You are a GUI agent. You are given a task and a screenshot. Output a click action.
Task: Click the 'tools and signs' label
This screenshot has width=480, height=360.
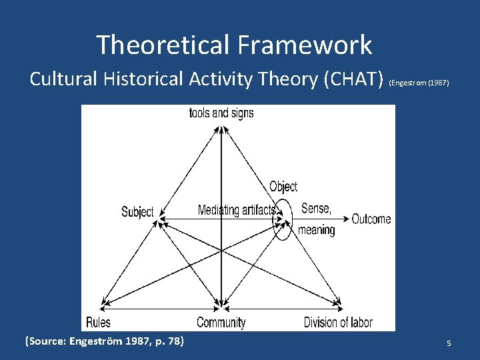click(x=221, y=113)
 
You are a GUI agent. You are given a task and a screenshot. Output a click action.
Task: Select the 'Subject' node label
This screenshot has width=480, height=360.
click(x=137, y=212)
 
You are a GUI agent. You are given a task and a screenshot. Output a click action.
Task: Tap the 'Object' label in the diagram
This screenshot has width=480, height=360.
click(x=283, y=187)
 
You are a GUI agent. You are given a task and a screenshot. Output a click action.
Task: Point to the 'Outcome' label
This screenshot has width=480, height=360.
click(x=371, y=219)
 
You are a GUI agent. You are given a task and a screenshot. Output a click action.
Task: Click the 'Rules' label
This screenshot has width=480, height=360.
click(x=98, y=323)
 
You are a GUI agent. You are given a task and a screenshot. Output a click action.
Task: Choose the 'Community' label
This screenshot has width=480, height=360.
click(x=221, y=323)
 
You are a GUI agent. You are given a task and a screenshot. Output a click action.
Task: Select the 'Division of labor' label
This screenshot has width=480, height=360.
click(x=338, y=323)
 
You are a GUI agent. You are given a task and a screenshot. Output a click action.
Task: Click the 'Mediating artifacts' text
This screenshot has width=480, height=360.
click(x=237, y=210)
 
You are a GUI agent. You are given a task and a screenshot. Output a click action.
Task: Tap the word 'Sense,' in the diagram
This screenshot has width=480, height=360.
click(x=316, y=208)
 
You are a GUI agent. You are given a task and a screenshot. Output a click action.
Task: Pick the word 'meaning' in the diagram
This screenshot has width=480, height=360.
click(x=317, y=230)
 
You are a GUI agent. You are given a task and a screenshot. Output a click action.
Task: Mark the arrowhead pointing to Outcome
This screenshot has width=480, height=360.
click(x=345, y=219)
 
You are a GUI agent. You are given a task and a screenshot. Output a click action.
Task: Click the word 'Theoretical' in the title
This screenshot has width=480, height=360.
click(x=161, y=45)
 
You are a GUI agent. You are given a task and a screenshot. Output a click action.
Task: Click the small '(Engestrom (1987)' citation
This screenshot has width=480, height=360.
click(x=419, y=83)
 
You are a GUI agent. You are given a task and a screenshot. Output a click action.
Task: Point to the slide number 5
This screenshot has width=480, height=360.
click(x=449, y=343)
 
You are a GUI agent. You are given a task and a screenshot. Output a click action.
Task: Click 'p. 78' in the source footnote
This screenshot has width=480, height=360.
click(x=169, y=342)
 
